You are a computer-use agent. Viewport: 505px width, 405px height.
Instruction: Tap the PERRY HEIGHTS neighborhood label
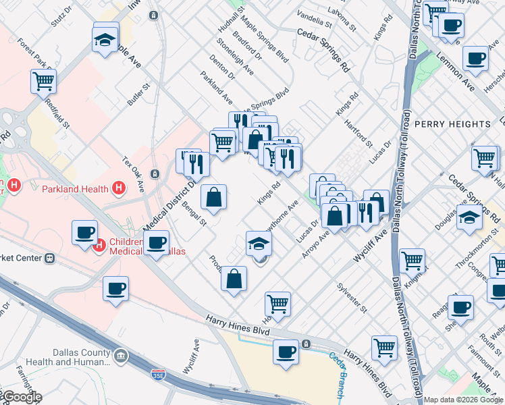tap(452, 124)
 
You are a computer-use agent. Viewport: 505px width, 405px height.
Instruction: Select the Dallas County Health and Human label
tap(81, 357)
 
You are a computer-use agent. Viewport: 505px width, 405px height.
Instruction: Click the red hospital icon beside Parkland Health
tap(119, 187)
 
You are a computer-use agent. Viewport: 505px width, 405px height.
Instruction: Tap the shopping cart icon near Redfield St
tap(44, 82)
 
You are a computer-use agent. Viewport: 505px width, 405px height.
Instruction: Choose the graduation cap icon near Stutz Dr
tap(106, 39)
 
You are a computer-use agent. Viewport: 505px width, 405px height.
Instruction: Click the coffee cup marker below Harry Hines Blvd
tap(286, 351)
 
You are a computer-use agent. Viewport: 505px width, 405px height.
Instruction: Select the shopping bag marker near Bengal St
tap(213, 197)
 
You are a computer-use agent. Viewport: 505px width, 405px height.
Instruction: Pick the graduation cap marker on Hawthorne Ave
tap(258, 243)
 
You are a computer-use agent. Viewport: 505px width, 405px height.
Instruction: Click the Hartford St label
tap(358, 133)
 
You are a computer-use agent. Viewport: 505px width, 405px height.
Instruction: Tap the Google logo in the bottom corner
tap(22, 397)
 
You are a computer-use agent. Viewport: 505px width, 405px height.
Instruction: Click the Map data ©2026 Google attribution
tap(463, 400)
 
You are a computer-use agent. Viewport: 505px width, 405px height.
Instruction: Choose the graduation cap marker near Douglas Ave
tap(469, 218)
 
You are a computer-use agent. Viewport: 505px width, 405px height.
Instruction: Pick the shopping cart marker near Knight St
tap(411, 260)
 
